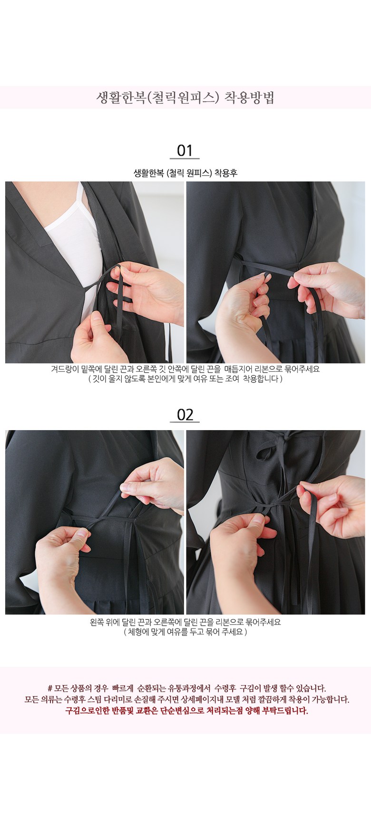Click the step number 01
[x=185, y=151]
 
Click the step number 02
[x=185, y=414]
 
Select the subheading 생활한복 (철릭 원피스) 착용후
[x=185, y=173]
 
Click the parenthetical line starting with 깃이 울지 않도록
[x=185, y=379]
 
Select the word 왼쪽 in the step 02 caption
[x=98, y=622]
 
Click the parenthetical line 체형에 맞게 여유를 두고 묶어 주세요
[x=185, y=632]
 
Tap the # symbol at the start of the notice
[x=50, y=688]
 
